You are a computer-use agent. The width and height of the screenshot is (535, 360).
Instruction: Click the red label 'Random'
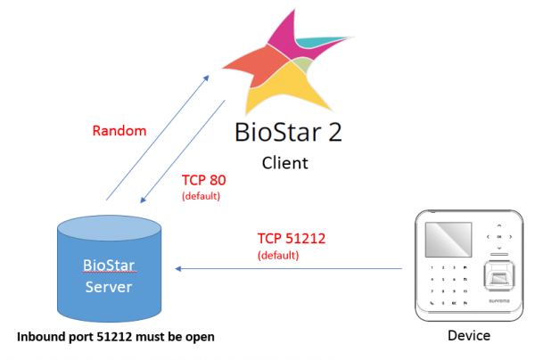pyautogui.click(x=119, y=131)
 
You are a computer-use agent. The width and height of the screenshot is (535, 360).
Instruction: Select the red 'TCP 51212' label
pyautogui.click(x=293, y=238)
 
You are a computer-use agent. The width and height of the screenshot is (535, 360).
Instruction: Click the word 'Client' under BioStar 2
pyautogui.click(x=284, y=163)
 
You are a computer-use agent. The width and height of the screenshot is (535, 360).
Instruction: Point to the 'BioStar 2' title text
pyautogui.click(x=287, y=132)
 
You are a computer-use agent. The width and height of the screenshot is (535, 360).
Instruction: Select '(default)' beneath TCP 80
pyautogui.click(x=201, y=195)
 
